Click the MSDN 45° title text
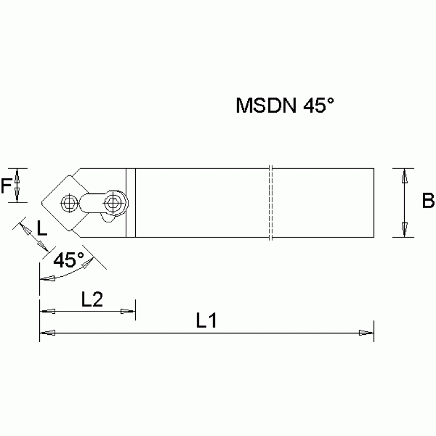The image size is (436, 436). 283,106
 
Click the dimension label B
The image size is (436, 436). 428,201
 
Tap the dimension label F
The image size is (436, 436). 6,185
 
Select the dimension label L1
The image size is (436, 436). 206,321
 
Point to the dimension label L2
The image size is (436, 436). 92,300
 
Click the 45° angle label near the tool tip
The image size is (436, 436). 69,260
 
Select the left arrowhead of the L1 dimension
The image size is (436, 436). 45,333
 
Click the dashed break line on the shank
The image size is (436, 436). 272,202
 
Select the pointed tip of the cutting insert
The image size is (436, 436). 41,202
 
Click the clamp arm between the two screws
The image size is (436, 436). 92,202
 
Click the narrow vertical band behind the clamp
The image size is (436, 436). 130,202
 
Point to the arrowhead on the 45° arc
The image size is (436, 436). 45,279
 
